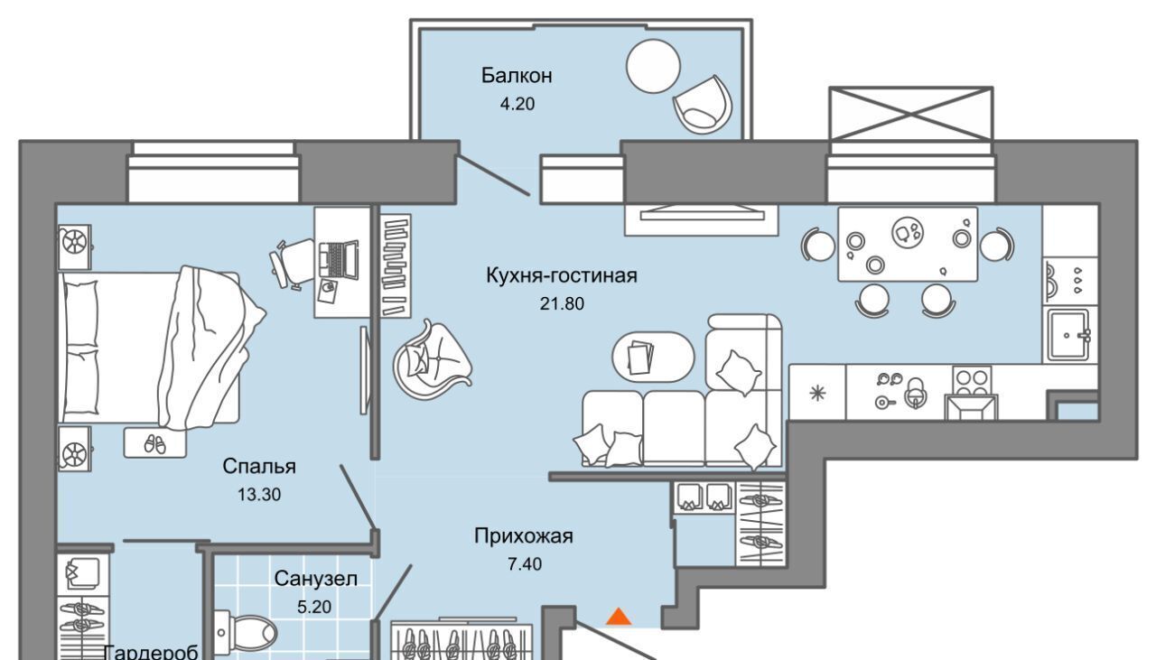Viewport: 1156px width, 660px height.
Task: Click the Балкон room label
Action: tap(517, 75)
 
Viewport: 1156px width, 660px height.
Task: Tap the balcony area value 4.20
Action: tap(517, 104)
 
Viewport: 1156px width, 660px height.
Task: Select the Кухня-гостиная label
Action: tap(562, 275)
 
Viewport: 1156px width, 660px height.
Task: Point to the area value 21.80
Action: tap(562, 303)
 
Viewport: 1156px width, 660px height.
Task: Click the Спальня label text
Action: tap(259, 467)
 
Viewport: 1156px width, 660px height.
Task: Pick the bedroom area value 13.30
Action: tap(259, 495)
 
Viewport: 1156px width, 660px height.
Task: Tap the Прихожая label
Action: tap(524, 536)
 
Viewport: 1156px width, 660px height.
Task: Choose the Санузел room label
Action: tap(315, 579)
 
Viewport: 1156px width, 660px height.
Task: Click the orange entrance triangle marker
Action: tap(619, 617)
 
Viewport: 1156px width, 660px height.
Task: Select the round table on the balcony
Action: tap(653, 67)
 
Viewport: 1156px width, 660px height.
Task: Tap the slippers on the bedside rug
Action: tap(154, 444)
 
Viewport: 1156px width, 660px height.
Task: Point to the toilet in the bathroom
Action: tap(246, 633)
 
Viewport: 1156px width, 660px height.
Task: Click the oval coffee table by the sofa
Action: tap(653, 358)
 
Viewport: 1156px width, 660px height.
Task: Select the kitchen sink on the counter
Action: tap(1068, 336)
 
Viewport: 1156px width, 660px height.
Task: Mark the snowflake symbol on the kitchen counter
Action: tap(817, 394)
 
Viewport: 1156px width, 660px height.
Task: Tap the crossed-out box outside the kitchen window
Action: tap(911, 114)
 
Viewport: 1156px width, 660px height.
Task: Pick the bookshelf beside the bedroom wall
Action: tap(396, 265)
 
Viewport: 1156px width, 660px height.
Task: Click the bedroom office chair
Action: tap(292, 263)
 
